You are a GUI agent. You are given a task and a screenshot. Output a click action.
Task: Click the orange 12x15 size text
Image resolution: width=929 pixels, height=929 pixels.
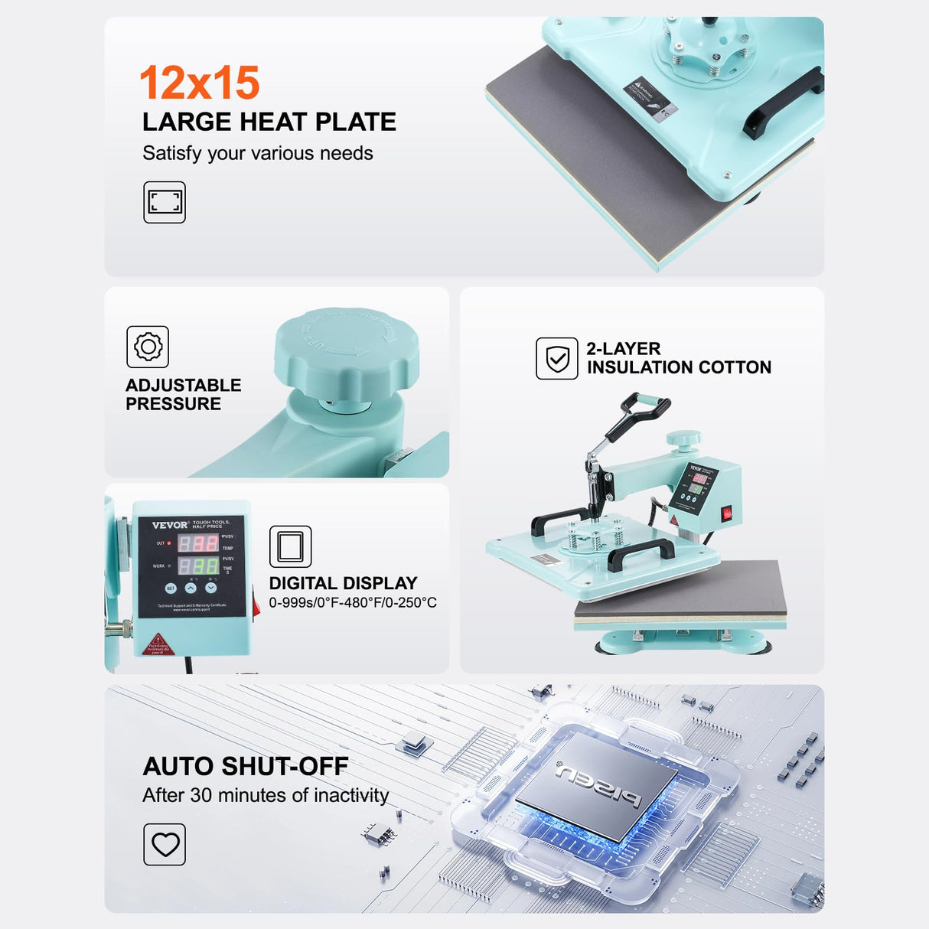199,83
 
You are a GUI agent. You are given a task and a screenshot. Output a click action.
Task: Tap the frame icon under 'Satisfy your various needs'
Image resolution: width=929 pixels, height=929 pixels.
165,202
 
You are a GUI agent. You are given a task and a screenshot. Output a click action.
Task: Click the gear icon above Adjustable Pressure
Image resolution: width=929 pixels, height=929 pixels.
148,347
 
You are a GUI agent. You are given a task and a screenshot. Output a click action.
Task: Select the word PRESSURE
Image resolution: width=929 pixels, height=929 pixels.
173,404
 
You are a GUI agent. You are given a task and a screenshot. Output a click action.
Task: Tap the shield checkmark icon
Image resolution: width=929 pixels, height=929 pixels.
557,358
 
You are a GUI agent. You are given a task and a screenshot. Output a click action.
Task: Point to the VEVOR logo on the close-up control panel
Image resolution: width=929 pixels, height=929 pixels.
170,525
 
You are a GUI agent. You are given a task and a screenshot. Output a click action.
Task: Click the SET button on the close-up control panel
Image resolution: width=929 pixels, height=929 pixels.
171,588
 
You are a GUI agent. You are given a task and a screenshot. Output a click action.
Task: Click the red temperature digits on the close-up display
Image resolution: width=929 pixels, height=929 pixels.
198,543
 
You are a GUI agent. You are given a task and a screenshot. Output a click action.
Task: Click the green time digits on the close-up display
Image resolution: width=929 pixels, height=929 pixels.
198,566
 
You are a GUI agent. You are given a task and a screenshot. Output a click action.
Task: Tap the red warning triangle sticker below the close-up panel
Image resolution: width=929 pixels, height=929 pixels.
158,644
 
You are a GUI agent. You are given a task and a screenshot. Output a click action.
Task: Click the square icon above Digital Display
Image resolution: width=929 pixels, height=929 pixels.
290,546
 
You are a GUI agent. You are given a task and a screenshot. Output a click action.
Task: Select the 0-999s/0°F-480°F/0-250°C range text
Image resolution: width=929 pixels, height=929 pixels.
353,603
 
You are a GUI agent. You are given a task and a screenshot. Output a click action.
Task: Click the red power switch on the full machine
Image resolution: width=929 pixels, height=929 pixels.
727,513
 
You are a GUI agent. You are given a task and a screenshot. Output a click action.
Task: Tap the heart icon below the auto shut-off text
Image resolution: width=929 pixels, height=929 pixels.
165,844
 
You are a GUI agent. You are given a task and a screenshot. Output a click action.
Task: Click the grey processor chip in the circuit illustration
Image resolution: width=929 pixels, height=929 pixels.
596,785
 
